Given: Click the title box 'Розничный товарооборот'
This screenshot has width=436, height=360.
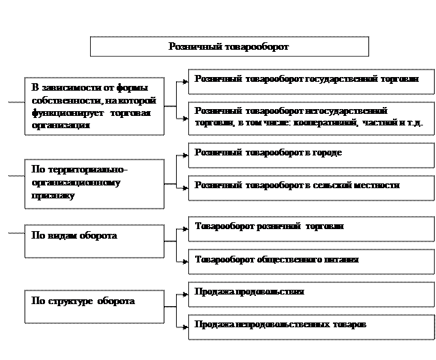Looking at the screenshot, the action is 229,46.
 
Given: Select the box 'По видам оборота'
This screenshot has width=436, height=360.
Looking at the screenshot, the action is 94,241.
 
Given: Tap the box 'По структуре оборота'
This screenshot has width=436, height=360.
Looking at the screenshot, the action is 94,306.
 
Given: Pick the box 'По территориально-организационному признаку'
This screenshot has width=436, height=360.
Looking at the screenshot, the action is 94,183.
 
